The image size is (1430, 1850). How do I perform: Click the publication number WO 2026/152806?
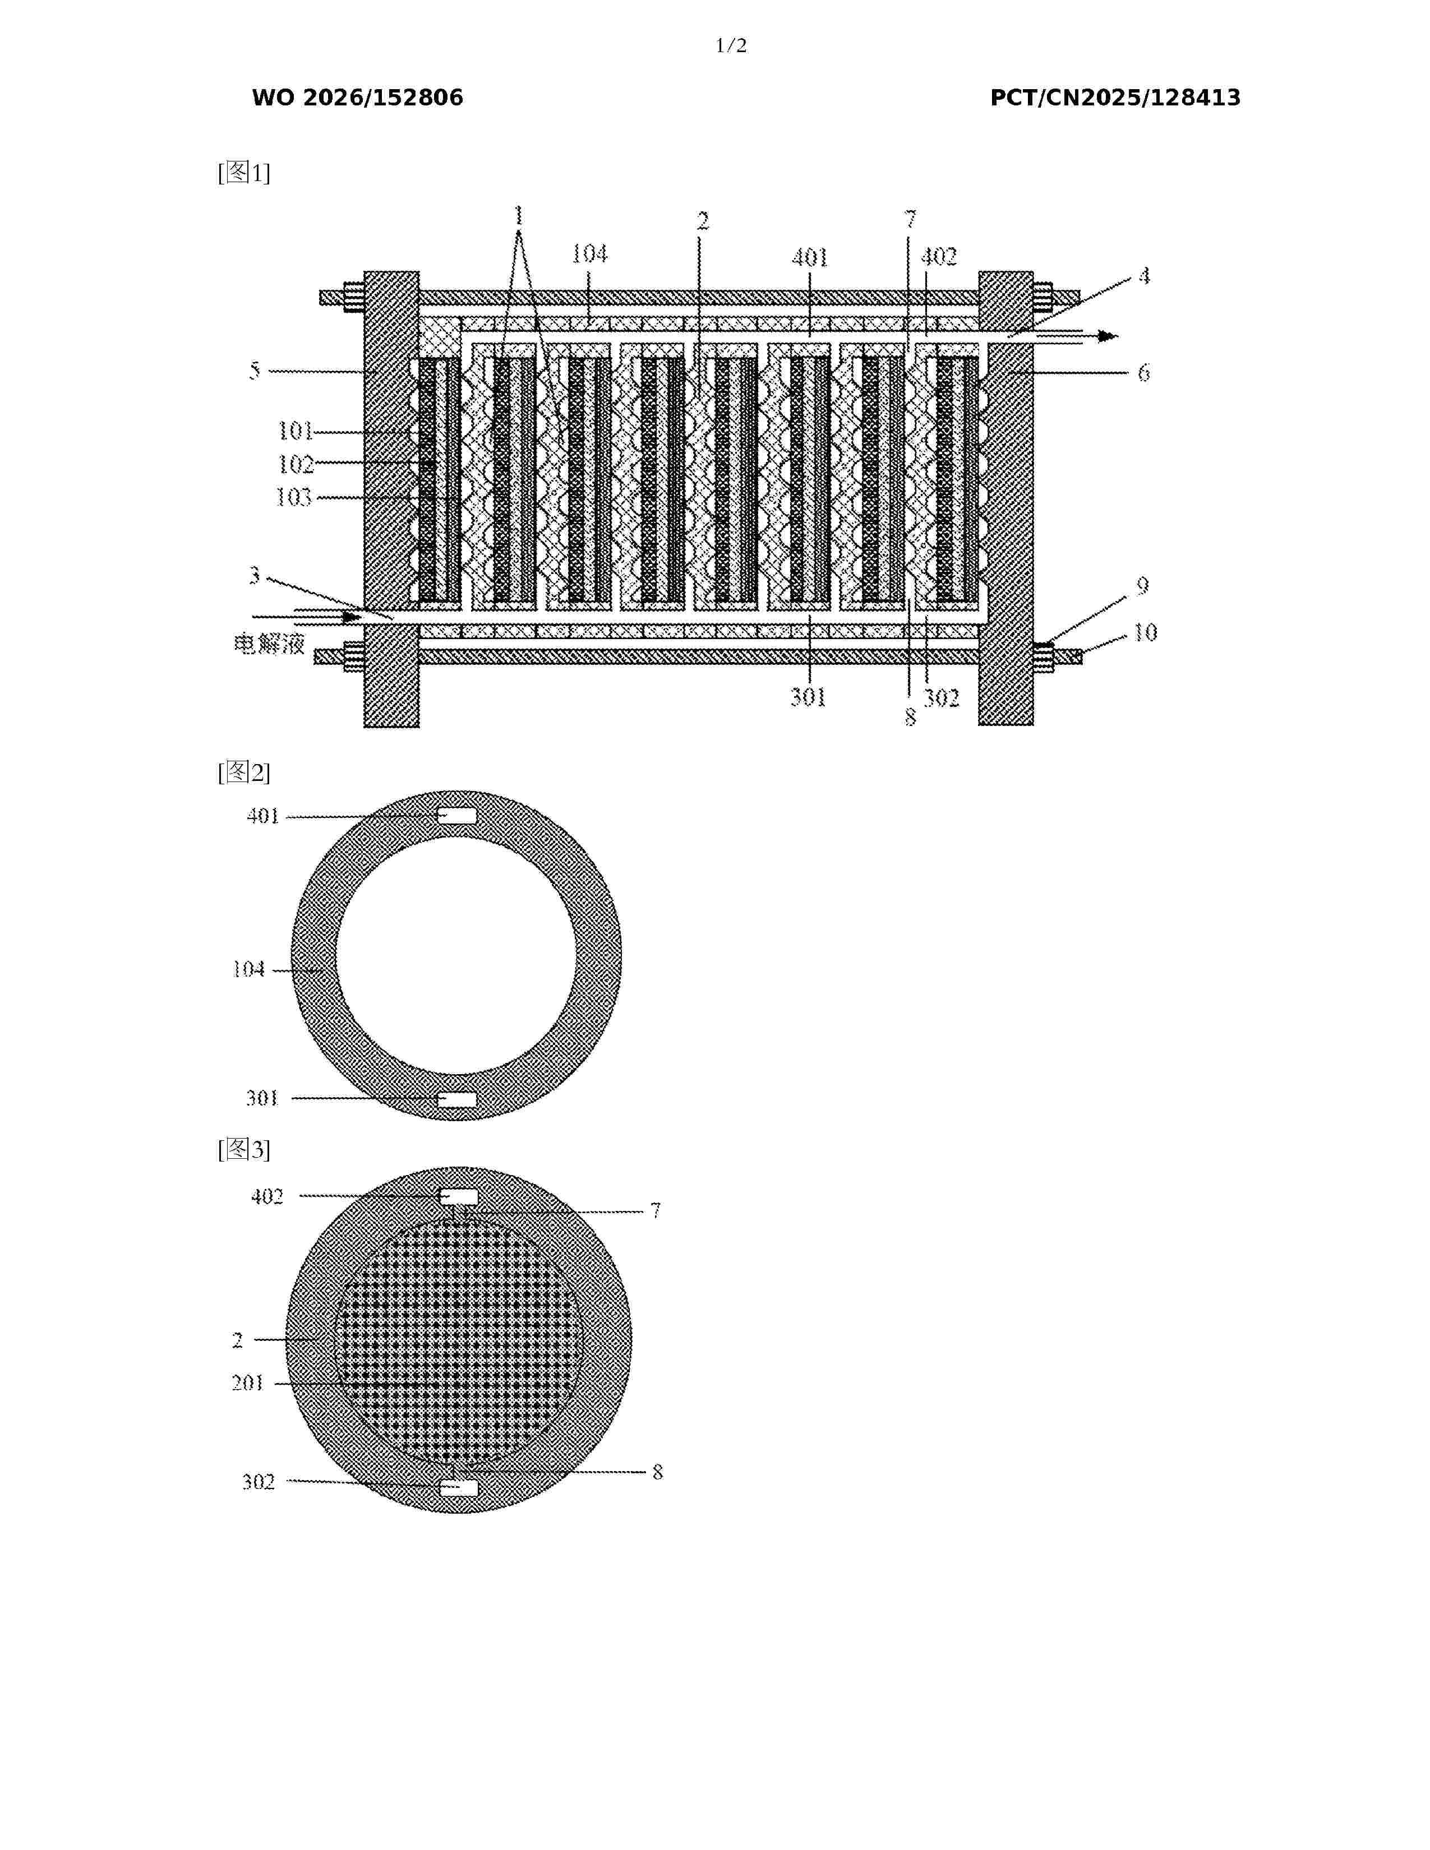[358, 98]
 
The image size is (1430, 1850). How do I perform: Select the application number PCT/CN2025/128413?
[1115, 98]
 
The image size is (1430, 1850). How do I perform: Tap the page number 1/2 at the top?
[731, 46]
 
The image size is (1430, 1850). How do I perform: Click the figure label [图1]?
[244, 173]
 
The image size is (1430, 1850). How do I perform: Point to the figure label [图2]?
[244, 772]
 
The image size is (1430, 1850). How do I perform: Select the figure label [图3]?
[244, 1149]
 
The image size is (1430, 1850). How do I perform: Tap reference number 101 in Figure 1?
[296, 431]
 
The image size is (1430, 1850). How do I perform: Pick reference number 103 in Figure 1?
[294, 497]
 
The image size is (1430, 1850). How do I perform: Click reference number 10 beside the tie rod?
[1145, 632]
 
